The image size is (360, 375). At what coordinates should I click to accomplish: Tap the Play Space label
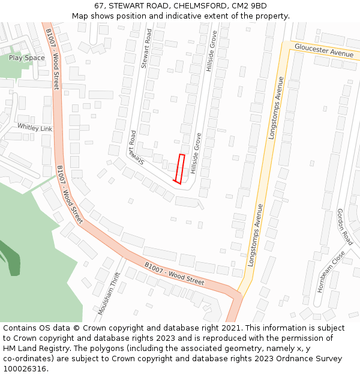tap(27, 58)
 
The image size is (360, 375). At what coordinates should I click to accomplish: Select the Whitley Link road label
tap(35, 128)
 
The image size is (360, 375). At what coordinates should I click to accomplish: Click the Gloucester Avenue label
tap(324, 50)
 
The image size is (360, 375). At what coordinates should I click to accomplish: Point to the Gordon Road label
tap(344, 227)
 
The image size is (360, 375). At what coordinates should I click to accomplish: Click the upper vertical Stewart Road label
tap(146, 48)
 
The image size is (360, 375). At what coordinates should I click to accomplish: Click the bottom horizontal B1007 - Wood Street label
tap(175, 273)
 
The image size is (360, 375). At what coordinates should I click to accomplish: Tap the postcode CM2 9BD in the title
tap(246, 6)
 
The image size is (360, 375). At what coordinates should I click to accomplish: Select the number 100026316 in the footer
tap(25, 369)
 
